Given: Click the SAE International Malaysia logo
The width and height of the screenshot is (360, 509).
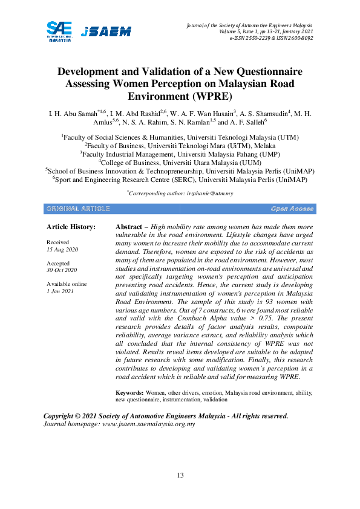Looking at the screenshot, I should (x=61, y=30).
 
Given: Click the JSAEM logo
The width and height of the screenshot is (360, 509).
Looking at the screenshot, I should (x=106, y=31).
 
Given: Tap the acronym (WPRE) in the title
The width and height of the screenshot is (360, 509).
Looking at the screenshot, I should (x=210, y=96).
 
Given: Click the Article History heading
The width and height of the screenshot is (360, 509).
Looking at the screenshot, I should (x=71, y=227).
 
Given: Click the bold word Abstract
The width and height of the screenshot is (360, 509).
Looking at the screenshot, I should (x=128, y=226).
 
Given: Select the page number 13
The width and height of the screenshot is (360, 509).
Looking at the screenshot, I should (x=180, y=475).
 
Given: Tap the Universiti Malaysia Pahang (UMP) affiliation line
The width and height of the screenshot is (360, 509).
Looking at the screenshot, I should (x=180, y=154).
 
